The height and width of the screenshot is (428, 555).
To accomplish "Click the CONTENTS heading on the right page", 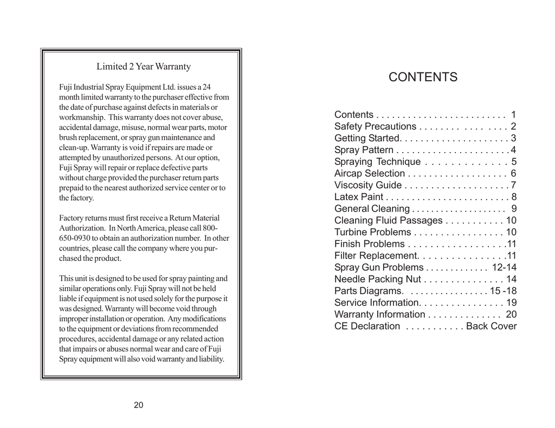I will pyautogui.click(x=423, y=77).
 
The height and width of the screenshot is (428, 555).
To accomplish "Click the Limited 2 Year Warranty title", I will pyautogui.click(x=144, y=67).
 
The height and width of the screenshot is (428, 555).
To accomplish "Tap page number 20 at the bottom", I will pyautogui.click(x=139, y=405).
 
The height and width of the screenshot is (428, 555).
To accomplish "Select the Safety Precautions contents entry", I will pyautogui.click(x=375, y=127).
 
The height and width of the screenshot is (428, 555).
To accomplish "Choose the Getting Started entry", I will pyautogui.click(x=366, y=138).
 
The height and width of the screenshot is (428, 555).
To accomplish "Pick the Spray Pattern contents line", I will pyautogui.click(x=364, y=150).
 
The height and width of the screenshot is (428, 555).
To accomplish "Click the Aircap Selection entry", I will pyautogui.click(x=369, y=174).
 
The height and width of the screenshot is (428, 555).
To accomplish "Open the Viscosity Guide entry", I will pyautogui.click(x=367, y=186).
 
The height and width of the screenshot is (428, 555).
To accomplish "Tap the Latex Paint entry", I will pyautogui.click(x=358, y=197).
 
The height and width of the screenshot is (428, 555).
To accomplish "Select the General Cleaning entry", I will pyautogui.click(x=372, y=209).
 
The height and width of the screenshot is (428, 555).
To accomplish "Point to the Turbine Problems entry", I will pyautogui.click(x=372, y=232).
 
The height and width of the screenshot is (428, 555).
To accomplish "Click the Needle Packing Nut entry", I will pyautogui.click(x=377, y=279).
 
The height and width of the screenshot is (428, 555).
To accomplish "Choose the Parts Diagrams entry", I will pyautogui.click(x=368, y=291).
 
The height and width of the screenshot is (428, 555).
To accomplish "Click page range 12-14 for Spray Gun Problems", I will pyautogui.click(x=504, y=267).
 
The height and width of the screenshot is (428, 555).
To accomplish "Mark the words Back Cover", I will pyautogui.click(x=491, y=326).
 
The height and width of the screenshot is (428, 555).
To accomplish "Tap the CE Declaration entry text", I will pyautogui.click(x=367, y=326).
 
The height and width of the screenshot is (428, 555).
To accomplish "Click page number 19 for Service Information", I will pyautogui.click(x=511, y=302).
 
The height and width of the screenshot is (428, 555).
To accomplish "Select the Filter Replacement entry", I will pyautogui.click(x=376, y=256).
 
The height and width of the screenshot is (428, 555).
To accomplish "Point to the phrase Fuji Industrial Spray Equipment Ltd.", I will pyautogui.click(x=120, y=87).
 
